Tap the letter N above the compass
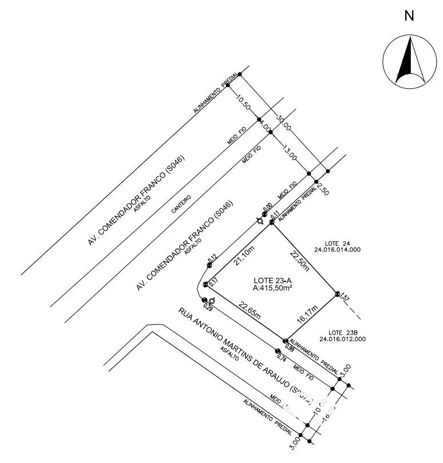click(x=409, y=16)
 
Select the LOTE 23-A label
click(x=272, y=280)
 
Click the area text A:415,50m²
click(x=272, y=288)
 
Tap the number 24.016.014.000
click(x=337, y=249)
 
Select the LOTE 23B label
click(x=343, y=332)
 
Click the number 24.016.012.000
click(x=343, y=339)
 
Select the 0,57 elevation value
click(x=344, y=297)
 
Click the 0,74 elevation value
click(x=281, y=358)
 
